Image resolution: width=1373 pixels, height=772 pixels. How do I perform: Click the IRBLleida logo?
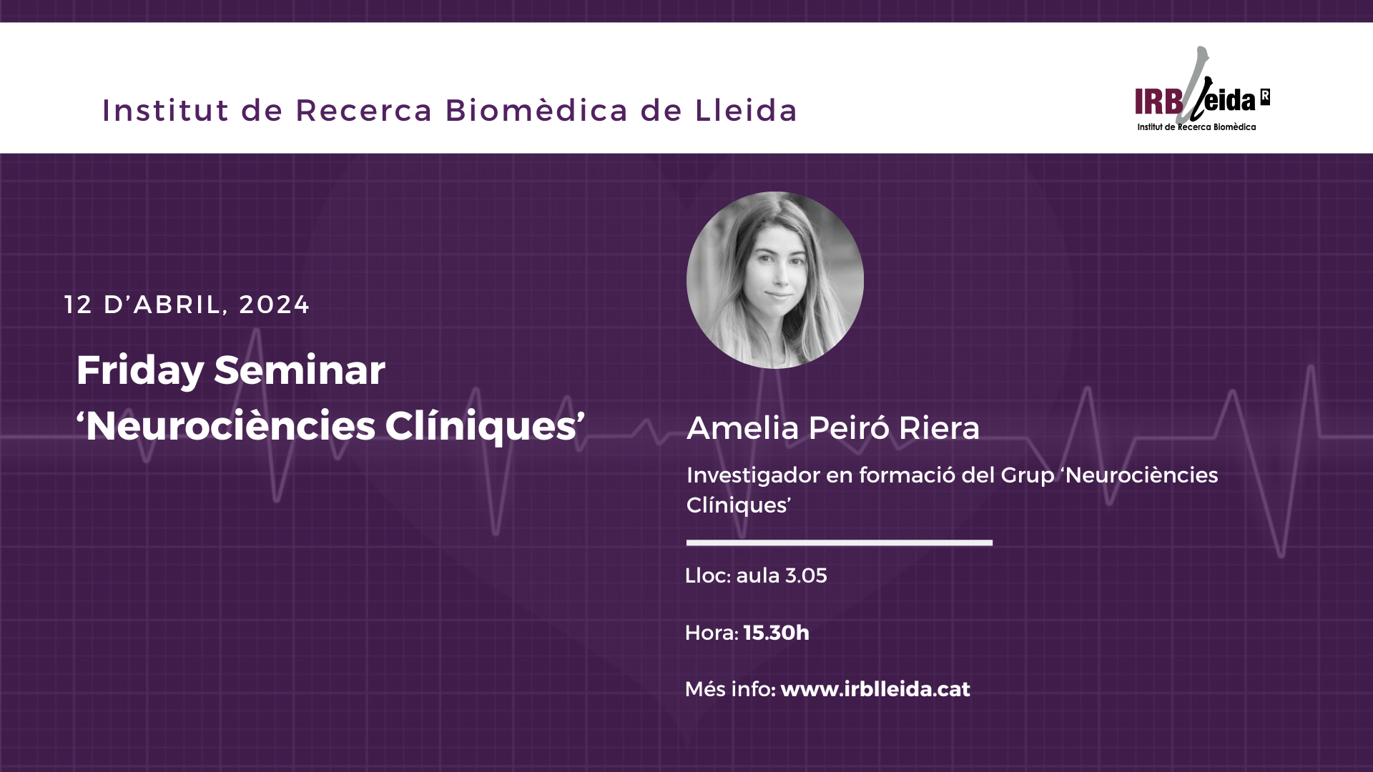(x=1202, y=89)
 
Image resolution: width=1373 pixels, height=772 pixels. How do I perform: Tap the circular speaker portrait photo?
(x=775, y=280)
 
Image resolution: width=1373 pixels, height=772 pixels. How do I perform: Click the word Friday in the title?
(x=140, y=371)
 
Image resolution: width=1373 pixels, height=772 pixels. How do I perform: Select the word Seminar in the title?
(x=300, y=370)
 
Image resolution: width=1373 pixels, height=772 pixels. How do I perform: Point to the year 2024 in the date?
(x=274, y=305)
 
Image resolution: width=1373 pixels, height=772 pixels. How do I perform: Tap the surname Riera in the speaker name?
(x=939, y=428)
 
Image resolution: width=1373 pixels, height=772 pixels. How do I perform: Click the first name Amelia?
(x=743, y=428)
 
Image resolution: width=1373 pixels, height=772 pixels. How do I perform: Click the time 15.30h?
(x=777, y=633)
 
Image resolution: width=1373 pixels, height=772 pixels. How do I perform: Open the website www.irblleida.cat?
(x=875, y=689)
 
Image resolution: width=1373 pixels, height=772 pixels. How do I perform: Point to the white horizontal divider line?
(x=840, y=543)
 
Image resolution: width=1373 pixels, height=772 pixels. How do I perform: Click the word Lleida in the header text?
(x=746, y=111)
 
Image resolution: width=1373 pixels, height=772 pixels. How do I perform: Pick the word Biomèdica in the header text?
(x=536, y=111)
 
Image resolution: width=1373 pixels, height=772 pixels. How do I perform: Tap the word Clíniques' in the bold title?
(x=485, y=427)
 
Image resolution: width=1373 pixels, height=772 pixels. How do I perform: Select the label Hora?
(x=712, y=633)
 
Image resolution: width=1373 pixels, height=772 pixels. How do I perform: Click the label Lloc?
(x=708, y=575)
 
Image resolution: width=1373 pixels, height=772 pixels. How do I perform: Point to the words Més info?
(x=730, y=689)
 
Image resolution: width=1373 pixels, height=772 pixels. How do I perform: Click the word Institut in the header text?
(x=165, y=111)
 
